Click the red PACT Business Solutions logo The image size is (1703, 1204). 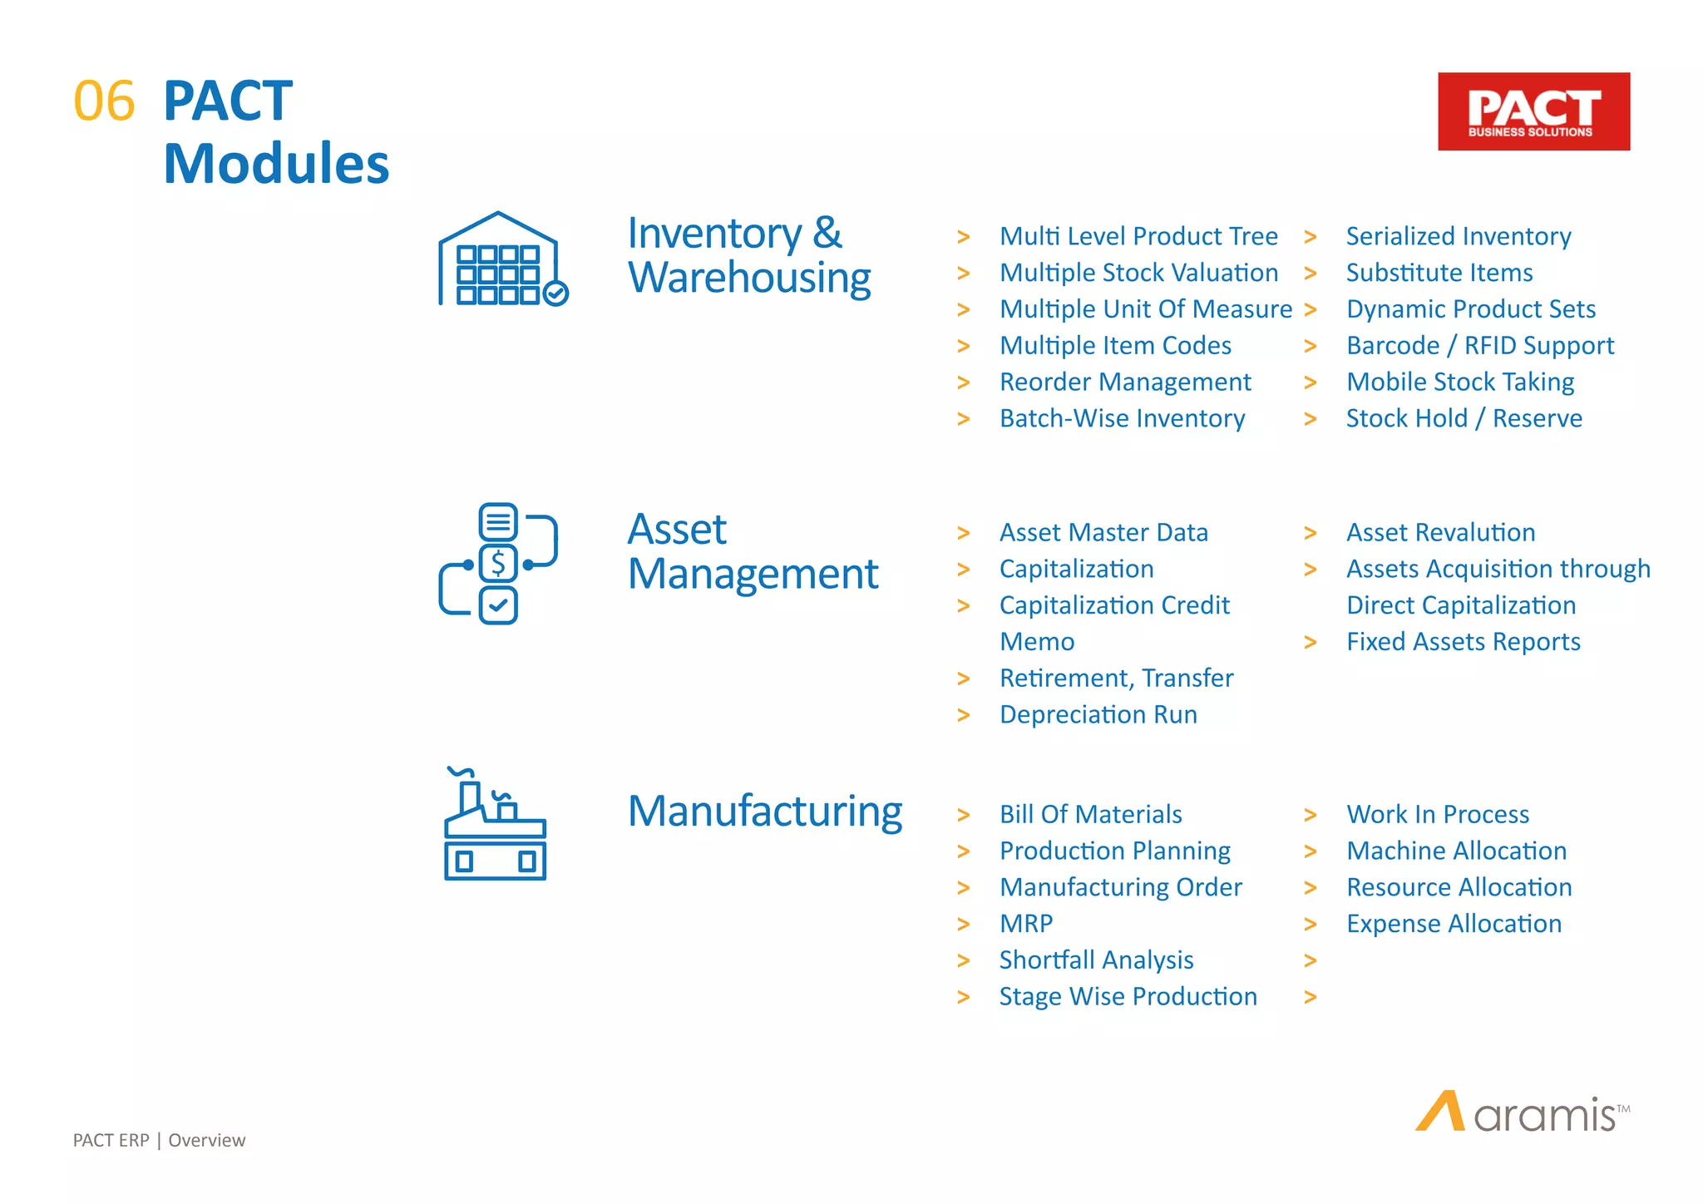click(1533, 111)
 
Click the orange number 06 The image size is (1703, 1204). click(104, 101)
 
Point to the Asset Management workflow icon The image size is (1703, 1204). click(498, 564)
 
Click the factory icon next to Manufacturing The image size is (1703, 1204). click(495, 824)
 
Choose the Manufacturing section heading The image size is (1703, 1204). click(764, 812)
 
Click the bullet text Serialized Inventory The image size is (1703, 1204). click(1459, 236)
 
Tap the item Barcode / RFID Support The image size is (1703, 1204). click(1480, 345)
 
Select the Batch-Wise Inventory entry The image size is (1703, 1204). click(1122, 418)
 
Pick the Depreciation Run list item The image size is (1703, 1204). click(1098, 714)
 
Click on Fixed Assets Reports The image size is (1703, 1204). click(1463, 642)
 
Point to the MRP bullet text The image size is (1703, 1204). click(1026, 924)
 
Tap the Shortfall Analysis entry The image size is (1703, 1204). click(1096, 960)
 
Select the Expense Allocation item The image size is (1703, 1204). click(1454, 924)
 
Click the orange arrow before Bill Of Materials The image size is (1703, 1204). click(964, 815)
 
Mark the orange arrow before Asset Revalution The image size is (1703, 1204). click(1311, 533)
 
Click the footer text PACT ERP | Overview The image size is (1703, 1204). click(159, 1140)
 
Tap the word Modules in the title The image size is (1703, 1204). click(276, 163)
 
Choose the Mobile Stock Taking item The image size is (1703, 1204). click(1460, 382)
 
